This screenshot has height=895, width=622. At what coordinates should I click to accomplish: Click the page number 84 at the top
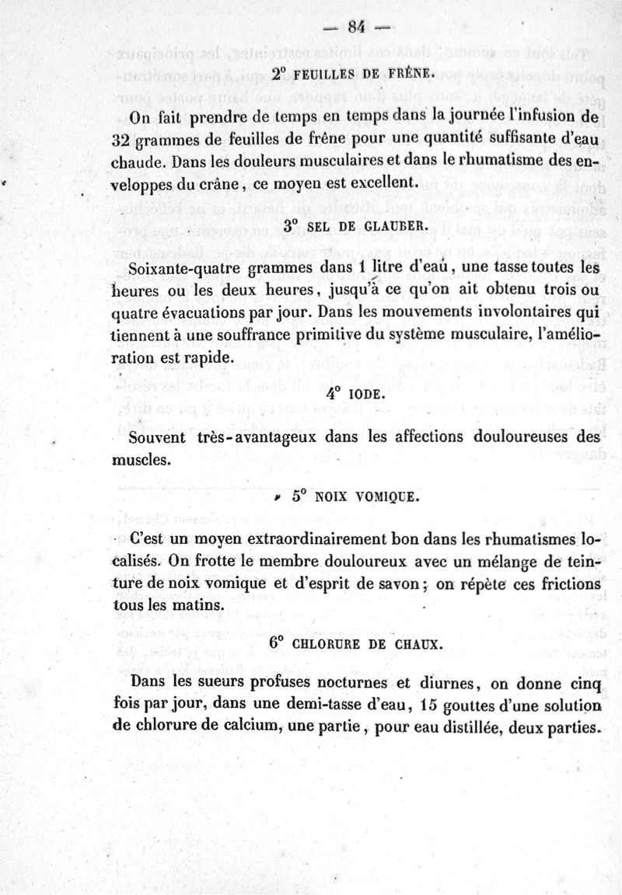click(x=357, y=27)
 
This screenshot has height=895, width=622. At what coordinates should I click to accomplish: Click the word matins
click(x=182, y=604)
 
